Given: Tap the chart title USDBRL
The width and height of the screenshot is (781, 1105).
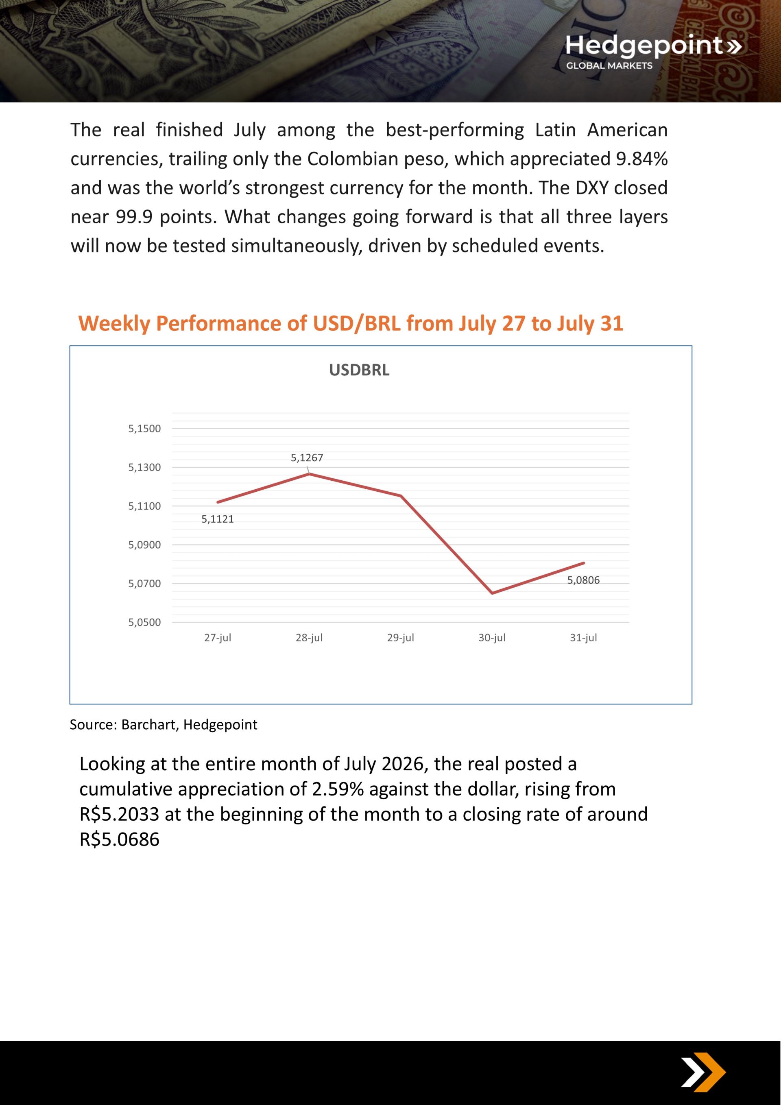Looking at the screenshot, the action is tap(359, 370).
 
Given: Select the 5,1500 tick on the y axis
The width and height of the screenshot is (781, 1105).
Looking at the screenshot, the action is tap(144, 428).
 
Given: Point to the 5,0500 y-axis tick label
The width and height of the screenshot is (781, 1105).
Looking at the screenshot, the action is tap(144, 622).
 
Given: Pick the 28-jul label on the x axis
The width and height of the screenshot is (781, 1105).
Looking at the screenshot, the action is tap(309, 637).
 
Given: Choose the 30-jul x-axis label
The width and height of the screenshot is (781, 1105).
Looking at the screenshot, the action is tap(492, 637).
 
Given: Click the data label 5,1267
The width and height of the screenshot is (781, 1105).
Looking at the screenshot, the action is tap(307, 457).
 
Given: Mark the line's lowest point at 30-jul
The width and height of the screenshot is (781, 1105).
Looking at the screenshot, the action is tap(492, 593).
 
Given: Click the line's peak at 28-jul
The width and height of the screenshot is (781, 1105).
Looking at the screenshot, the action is tap(309, 473).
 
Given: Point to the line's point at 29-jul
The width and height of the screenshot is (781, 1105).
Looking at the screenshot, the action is tap(401, 495).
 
